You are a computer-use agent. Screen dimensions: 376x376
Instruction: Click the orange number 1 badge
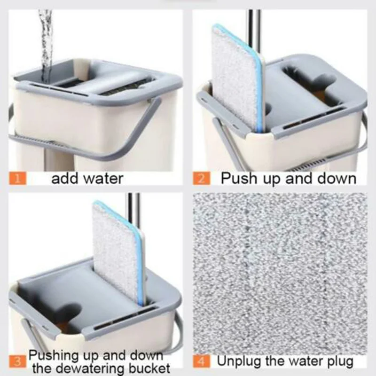point(19,179)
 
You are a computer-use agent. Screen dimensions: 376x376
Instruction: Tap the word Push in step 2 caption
point(238,179)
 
